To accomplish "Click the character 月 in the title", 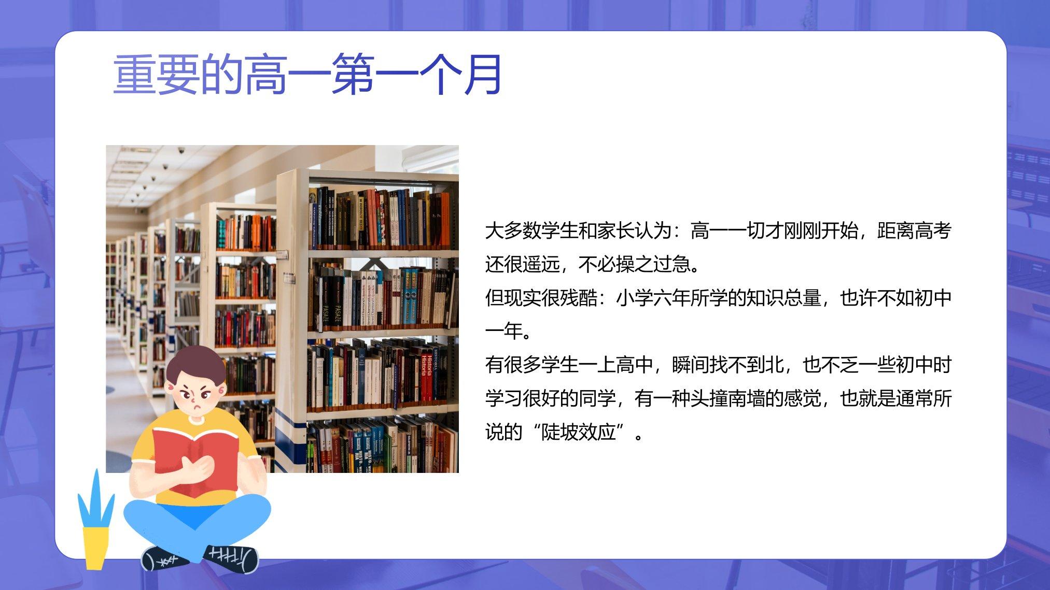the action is point(482,75).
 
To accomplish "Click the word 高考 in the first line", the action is point(933,231).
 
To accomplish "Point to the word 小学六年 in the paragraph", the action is point(653,298).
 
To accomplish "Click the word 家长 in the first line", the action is point(615,231).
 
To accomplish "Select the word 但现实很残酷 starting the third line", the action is point(541,298).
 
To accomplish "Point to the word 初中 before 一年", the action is point(933,298).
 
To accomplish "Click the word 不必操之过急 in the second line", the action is point(634,265).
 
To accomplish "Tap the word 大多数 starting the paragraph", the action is point(513,231).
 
